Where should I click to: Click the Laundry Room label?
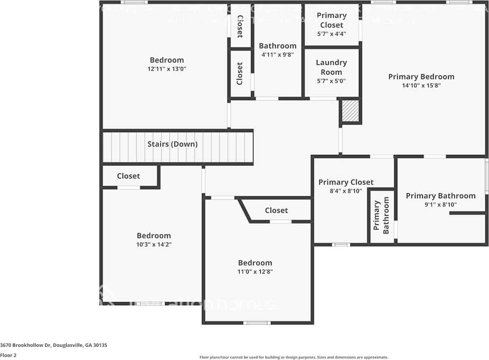point(331,67)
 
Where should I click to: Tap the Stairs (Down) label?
point(172,144)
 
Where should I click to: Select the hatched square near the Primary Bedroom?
point(350,111)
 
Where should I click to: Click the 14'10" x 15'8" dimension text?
point(421,86)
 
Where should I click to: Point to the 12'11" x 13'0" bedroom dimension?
point(167,69)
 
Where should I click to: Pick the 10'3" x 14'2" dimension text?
point(154,244)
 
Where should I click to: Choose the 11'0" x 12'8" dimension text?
point(255,272)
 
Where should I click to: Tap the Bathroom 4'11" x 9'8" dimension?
point(278,54)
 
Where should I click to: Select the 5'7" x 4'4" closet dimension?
point(331,34)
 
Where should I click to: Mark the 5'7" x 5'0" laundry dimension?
point(331,81)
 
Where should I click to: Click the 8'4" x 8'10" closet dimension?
point(346,191)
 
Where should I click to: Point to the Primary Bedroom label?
point(421,77)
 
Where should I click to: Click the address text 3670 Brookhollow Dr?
point(54,345)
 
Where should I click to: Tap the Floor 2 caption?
point(8,355)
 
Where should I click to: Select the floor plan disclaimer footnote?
point(294,357)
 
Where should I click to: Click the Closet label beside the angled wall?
point(277,210)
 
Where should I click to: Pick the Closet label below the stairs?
point(129,176)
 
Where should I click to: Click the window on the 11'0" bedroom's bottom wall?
point(257,323)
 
